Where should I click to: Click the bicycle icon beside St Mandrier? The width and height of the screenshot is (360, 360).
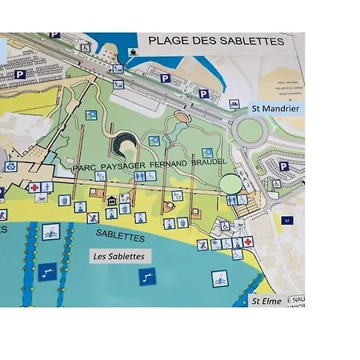[x=234, y=103]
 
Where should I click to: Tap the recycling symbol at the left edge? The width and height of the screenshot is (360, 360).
[x=10, y=167]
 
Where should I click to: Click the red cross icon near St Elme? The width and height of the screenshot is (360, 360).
[x=249, y=241]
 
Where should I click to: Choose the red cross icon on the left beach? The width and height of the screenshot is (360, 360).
[x=35, y=189]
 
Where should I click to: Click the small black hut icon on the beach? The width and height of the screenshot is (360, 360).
[x=113, y=201]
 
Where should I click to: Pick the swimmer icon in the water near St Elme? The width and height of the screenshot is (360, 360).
[x=218, y=279]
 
